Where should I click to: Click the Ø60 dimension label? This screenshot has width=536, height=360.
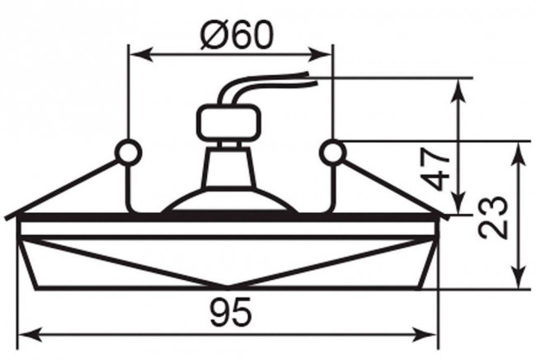(x=237, y=36)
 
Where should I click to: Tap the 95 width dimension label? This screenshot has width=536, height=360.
(x=232, y=312)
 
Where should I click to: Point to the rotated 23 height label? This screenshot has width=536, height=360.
(x=492, y=217)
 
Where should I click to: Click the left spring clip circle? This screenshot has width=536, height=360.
(x=128, y=152)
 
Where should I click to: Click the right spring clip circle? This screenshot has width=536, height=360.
(x=332, y=152)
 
